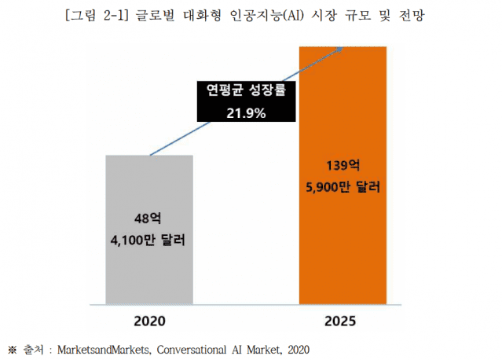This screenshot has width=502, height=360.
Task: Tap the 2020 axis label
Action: coord(149,321)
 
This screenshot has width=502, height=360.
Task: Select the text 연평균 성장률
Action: coord(247,91)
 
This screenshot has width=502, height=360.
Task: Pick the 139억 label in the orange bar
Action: coord(343,167)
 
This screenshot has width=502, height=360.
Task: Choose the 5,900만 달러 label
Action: coord(343,188)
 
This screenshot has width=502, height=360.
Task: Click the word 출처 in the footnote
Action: coord(31,347)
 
